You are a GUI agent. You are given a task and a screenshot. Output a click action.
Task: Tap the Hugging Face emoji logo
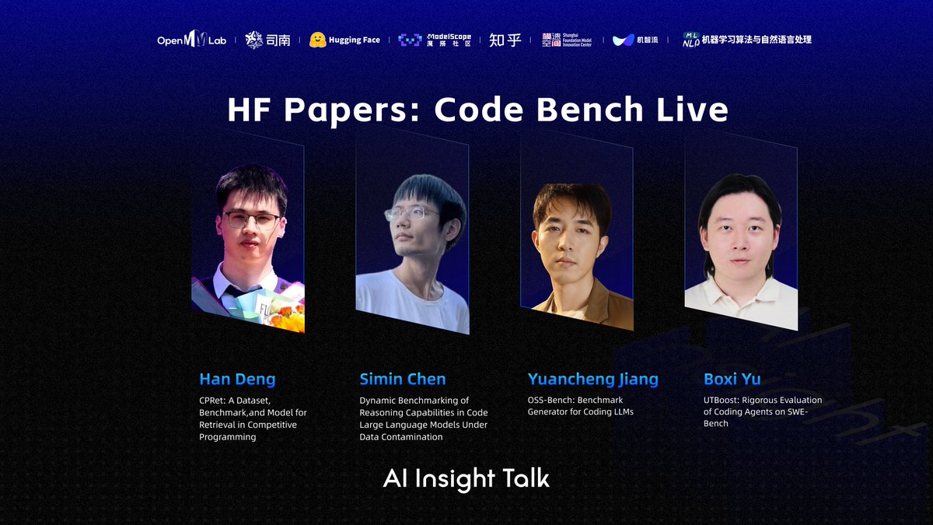click(316, 40)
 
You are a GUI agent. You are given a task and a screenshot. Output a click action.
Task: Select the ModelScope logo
click(434, 40)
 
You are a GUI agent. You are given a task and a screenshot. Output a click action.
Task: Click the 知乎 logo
click(505, 40)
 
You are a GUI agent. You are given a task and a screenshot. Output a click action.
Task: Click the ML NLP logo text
click(746, 40)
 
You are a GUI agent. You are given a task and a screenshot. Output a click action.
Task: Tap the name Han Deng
click(237, 380)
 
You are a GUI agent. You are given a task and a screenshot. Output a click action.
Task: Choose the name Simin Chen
click(402, 380)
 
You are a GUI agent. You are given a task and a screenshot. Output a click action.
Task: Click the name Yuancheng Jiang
click(592, 380)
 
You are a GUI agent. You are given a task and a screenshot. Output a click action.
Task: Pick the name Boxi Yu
click(732, 380)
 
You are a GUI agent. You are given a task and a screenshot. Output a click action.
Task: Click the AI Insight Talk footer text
click(466, 478)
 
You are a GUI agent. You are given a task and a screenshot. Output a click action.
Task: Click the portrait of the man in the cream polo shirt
click(740, 249)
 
